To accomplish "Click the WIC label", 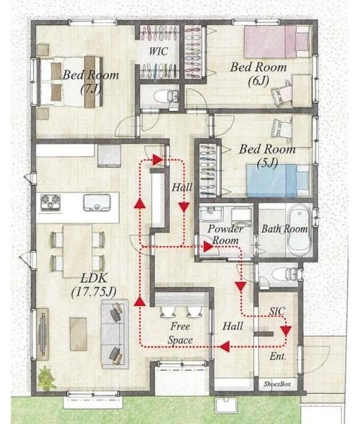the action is (x=158, y=51).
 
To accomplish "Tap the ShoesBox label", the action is (x=277, y=384).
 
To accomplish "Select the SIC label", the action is (x=277, y=311).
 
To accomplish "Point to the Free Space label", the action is (x=180, y=333).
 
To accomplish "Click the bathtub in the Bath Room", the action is (x=299, y=229).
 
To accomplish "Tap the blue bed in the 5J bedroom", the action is (x=278, y=180).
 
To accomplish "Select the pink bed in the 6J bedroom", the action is (x=277, y=41).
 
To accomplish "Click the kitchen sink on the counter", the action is (x=97, y=202).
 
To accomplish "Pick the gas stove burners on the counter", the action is (x=50, y=202).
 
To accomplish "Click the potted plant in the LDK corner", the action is (x=47, y=378).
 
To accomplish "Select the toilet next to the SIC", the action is (x=285, y=275).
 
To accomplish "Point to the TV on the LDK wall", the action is (x=43, y=334).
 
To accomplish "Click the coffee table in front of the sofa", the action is (x=78, y=334).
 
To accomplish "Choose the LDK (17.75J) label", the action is (x=94, y=286).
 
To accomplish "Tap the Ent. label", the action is (x=278, y=356).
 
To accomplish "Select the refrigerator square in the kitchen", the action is (x=109, y=156).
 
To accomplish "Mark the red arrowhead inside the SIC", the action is (x=286, y=330).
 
